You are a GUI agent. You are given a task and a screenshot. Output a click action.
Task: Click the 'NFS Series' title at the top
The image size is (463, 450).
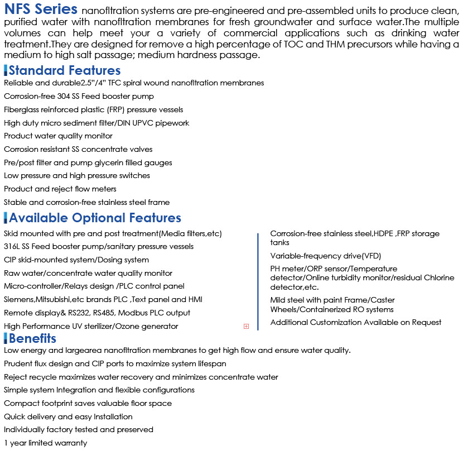click(x=41, y=9)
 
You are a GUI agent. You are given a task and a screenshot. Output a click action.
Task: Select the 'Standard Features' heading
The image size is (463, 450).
click(x=64, y=70)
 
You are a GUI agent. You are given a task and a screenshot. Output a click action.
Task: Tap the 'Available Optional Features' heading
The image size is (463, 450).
click(x=95, y=218)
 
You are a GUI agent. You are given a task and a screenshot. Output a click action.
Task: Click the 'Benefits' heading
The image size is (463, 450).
click(x=32, y=338)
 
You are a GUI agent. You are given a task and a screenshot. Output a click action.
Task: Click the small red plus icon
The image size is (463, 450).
click(x=246, y=326)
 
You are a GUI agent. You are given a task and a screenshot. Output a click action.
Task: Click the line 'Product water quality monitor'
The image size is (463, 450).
click(x=58, y=136)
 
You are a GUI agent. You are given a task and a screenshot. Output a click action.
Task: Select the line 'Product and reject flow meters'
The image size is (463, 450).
click(x=60, y=189)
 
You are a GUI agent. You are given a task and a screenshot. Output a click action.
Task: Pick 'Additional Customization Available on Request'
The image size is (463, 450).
click(x=356, y=322)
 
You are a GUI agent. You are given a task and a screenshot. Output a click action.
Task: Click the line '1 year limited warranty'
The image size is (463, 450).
click(x=45, y=443)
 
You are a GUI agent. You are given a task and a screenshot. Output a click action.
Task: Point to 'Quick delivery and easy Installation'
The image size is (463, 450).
click(x=68, y=417)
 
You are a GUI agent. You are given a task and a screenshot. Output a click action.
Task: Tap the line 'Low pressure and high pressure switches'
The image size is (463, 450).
click(x=77, y=175)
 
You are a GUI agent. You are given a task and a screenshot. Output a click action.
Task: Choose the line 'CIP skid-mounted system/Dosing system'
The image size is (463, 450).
click(x=76, y=260)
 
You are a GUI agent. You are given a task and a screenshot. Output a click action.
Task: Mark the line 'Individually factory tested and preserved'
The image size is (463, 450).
click(x=79, y=429)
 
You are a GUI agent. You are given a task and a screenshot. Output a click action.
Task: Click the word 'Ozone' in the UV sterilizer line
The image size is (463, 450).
click(x=128, y=326)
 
